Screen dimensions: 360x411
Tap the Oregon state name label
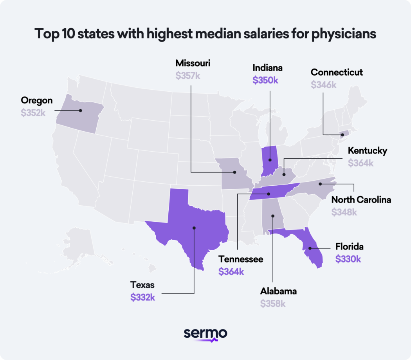(36, 101)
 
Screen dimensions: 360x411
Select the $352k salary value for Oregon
(33, 113)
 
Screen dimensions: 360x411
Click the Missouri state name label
(193, 63)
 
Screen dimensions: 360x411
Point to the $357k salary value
(187, 76)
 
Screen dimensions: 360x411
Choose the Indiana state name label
(267, 68)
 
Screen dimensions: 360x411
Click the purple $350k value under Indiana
(265, 80)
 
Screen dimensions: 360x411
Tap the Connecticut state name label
(337, 72)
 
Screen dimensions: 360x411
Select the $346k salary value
(323, 85)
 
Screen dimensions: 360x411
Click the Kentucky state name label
(367, 151)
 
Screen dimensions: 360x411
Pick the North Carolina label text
(361, 200)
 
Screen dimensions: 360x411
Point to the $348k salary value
(344, 212)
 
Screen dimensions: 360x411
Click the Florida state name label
(349, 247)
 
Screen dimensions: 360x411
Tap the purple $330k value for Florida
(348, 259)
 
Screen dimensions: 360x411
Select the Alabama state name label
(278, 291)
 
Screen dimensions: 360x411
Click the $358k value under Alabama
(273, 304)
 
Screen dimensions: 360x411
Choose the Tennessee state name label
(241, 259)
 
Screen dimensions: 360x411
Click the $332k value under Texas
(143, 297)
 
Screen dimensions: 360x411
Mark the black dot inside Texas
(194, 228)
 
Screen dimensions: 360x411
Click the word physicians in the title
(343, 34)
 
